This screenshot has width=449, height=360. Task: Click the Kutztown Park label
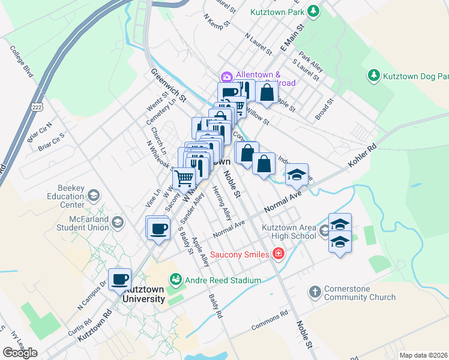278,11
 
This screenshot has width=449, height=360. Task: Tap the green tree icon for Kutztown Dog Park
373,76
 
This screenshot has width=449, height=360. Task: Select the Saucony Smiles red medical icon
277,254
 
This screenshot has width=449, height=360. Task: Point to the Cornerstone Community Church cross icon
314,292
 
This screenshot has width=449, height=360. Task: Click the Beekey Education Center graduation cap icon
93,195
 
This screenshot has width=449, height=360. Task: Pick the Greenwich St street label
170,86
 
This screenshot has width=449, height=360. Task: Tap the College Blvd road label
24,62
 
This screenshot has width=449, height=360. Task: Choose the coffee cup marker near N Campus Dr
121,278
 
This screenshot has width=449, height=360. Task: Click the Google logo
20,353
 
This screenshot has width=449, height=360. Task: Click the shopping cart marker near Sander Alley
184,177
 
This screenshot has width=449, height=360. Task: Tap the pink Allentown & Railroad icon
226,76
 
